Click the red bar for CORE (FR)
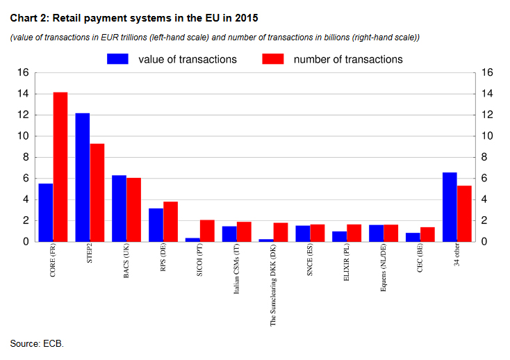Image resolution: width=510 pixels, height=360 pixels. pos(60,167)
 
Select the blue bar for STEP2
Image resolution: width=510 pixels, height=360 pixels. pos(83,177)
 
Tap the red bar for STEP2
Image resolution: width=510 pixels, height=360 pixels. pos(97,193)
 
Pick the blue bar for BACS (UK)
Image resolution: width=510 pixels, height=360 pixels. pos(120,208)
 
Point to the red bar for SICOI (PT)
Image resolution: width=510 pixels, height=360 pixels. pos(207,231)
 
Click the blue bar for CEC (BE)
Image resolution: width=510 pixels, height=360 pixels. pos(413,237)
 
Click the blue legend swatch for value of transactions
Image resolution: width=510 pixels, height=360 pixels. pos(119,59)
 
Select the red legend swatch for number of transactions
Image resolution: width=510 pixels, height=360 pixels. pos(274,59)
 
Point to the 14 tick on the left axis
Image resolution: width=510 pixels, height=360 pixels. pos(23,94)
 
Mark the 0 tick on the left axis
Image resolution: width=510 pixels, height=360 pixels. pos(26,242)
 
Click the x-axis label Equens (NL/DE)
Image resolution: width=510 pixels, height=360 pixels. pos(384,272)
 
